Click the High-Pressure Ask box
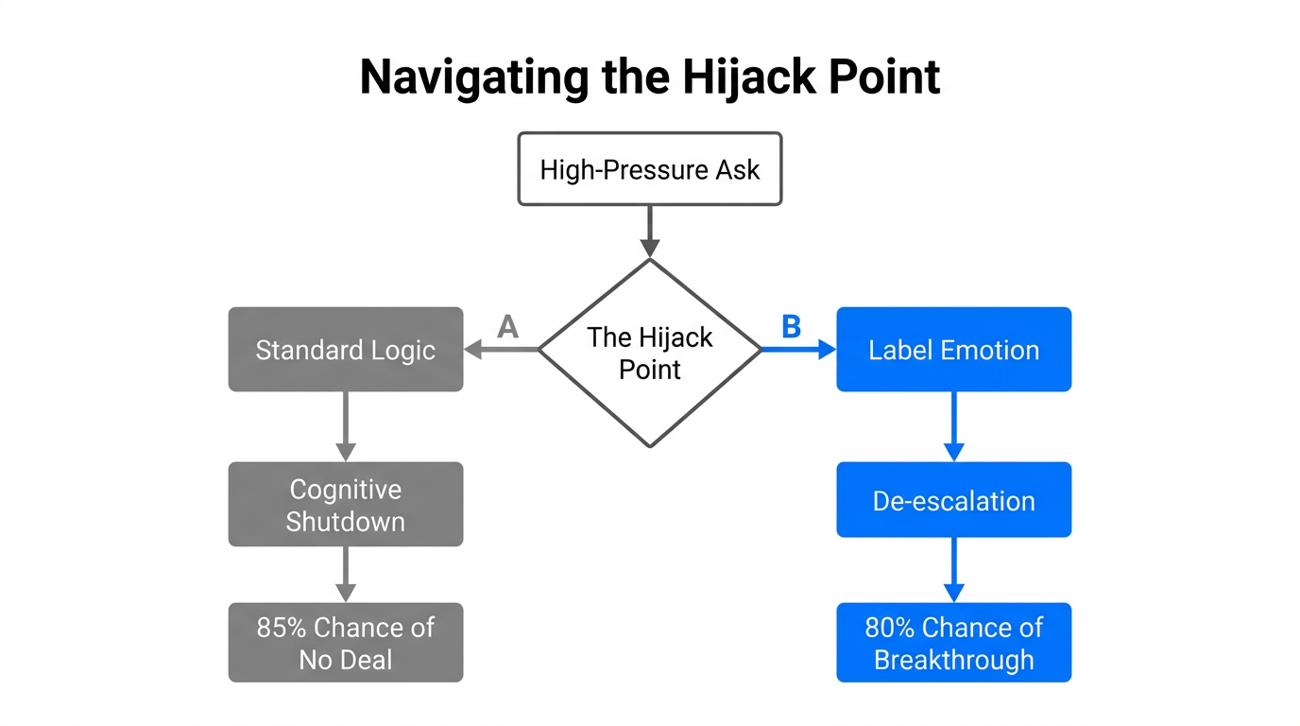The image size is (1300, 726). click(650, 169)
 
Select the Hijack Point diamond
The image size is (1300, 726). click(650, 353)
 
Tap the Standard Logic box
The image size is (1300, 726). click(346, 350)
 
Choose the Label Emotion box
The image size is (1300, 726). click(953, 350)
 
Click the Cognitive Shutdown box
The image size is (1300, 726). click(346, 505)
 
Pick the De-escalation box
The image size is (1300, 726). click(953, 501)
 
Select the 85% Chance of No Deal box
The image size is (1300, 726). click(346, 643)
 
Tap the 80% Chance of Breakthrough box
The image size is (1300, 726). click(953, 643)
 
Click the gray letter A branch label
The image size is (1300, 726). click(508, 327)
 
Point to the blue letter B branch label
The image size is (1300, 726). click(791, 327)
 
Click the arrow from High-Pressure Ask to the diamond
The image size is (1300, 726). click(650, 231)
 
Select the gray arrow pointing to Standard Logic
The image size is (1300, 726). click(501, 350)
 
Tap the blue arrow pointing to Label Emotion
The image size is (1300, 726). click(798, 350)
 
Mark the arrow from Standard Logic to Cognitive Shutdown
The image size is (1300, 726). click(346, 425)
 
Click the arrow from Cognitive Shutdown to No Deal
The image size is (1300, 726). click(346, 574)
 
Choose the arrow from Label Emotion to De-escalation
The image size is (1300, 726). click(953, 425)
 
